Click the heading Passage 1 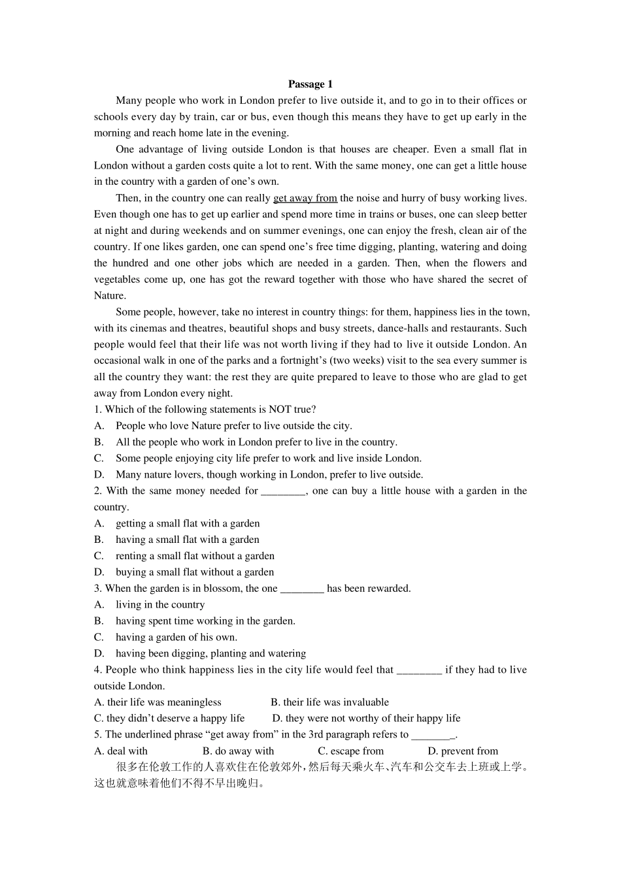click(310, 84)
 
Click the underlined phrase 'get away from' click(305, 198)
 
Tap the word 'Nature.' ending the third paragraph click(110, 295)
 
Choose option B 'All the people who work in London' click(256, 442)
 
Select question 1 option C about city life click(268, 459)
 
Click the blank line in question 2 click(283, 491)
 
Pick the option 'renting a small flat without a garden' click(195, 556)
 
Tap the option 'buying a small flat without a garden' click(195, 572)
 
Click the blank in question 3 click(302, 589)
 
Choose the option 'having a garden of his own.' click(176, 638)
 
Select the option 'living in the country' click(160, 605)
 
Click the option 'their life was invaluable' click(329, 702)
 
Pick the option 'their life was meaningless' click(158, 702)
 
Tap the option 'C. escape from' click(351, 751)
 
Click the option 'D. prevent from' click(463, 751)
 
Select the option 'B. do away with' click(239, 751)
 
